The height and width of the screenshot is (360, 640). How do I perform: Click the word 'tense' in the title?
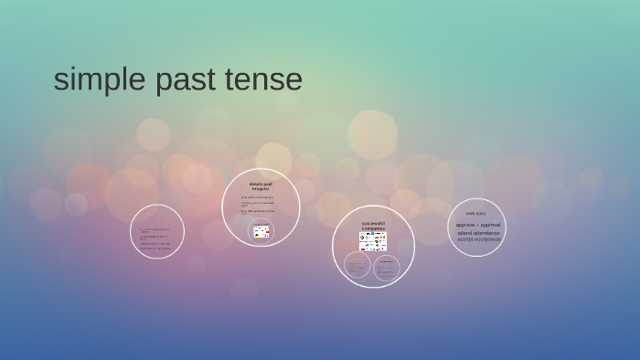[x=263, y=80]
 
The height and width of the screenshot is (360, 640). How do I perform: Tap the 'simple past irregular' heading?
[x=261, y=185]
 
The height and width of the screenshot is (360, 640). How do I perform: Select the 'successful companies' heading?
[x=373, y=225]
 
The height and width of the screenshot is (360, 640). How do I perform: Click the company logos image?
[x=373, y=241]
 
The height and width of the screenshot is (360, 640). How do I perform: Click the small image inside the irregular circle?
[x=261, y=231]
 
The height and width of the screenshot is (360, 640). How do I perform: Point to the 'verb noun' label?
[x=476, y=214]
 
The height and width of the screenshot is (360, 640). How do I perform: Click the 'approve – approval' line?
[x=478, y=225]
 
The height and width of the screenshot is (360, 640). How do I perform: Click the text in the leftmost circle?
[x=155, y=238]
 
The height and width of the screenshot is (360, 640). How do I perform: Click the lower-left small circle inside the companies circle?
[x=357, y=266]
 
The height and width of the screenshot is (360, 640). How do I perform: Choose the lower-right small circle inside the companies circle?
[x=387, y=268]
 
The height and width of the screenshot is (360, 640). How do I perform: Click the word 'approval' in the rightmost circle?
[x=489, y=225]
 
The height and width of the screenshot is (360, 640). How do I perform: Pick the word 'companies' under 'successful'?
[x=373, y=228]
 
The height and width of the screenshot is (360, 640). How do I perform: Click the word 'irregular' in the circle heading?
[x=261, y=188]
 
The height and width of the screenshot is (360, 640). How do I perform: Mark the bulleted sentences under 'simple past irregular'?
[x=259, y=205]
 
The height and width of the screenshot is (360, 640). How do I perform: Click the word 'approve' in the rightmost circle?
[x=466, y=225]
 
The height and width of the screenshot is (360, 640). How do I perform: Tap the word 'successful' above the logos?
[x=373, y=222]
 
